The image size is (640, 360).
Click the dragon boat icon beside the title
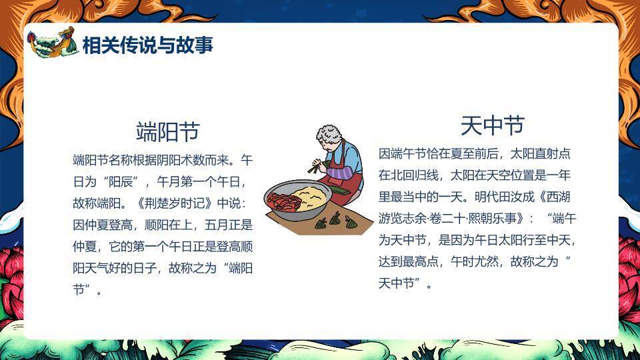[52, 43]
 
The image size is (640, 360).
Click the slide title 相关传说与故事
[147, 45]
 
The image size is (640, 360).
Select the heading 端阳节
[167, 131]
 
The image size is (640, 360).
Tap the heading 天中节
[492, 125]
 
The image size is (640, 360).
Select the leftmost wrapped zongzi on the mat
[321, 223]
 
